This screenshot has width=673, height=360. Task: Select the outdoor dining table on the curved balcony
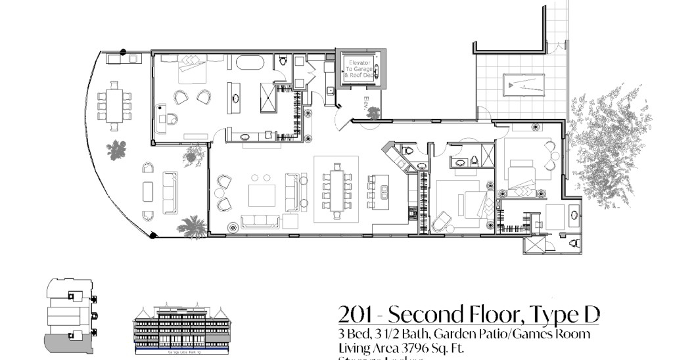pos(114,102)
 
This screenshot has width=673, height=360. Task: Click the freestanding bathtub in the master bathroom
pos(250,63)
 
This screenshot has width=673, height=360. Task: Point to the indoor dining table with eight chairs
pos(337,190)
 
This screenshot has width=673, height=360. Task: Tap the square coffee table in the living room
pos(261,196)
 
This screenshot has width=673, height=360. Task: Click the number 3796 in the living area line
pos(416,348)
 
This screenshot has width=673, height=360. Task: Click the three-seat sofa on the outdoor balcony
pos(170,192)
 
